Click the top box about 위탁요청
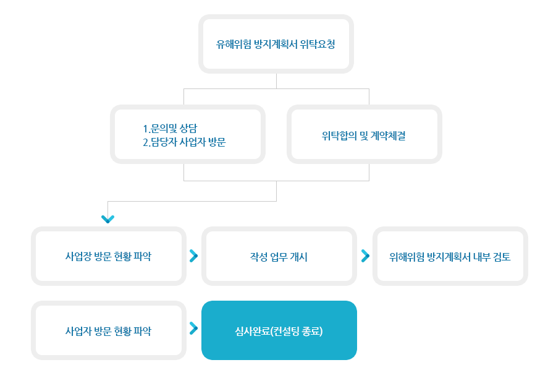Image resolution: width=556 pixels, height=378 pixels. pos(276,45)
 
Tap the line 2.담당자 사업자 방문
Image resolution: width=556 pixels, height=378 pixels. pos(184,143)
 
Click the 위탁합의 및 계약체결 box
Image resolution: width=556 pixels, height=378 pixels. pos(364,136)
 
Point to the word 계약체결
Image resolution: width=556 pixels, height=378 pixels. pos(387,136)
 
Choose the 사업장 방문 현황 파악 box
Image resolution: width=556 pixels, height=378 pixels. pos(108,256)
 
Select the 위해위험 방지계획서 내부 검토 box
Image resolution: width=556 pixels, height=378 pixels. pos(450,257)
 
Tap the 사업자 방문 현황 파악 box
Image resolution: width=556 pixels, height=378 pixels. pos(108,331)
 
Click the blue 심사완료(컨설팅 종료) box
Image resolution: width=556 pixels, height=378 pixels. pos(279,331)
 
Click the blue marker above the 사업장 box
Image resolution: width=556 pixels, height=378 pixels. pos(107,220)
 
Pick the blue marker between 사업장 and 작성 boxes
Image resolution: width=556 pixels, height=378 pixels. pos(194,256)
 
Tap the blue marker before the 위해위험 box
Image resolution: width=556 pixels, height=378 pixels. pos(366,256)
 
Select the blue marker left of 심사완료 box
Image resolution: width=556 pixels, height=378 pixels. pos(194,329)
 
